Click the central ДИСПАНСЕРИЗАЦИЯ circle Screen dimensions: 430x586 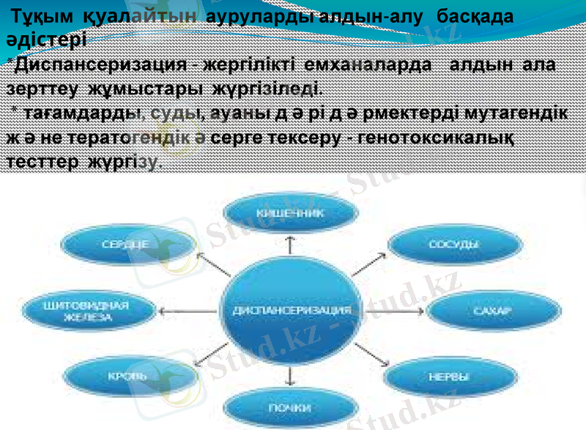click(292, 309)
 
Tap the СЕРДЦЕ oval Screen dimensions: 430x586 click(126, 245)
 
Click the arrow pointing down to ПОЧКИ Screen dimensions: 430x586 click(292, 376)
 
